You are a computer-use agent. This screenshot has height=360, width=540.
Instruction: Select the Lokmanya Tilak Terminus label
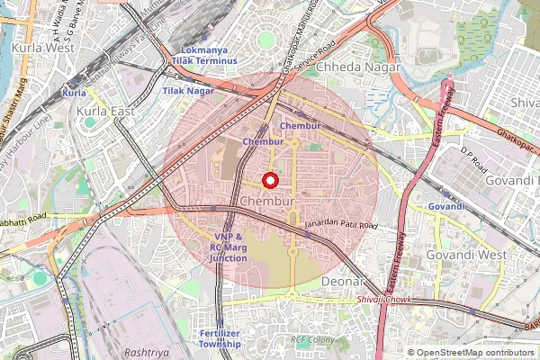coord(209,55)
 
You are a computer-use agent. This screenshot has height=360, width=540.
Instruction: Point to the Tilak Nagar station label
coord(188,91)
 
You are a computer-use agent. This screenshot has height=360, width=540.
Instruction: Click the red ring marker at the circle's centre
coord(269,180)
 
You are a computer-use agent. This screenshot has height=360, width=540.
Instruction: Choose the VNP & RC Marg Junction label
coord(229,247)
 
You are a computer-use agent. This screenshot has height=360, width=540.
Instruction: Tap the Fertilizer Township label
coord(220,338)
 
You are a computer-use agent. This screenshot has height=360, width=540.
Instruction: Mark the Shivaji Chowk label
coord(383,299)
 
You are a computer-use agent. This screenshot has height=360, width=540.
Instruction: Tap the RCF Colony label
coord(312,340)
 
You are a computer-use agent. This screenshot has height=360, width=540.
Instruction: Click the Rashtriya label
coord(148,354)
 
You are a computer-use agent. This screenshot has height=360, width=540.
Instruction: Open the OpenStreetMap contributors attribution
coord(476,353)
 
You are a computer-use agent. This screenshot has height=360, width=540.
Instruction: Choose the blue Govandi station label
coord(446,206)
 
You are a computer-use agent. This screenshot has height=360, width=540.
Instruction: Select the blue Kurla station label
coord(74,93)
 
